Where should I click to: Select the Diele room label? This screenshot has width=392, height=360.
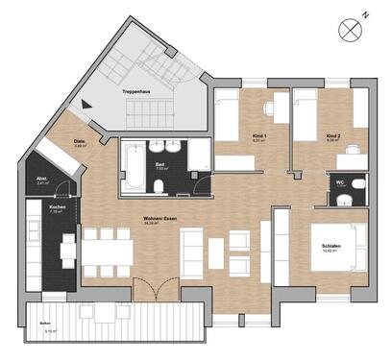80,143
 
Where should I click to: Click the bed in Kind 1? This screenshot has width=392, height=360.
227,119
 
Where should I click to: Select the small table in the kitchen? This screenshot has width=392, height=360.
68,251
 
